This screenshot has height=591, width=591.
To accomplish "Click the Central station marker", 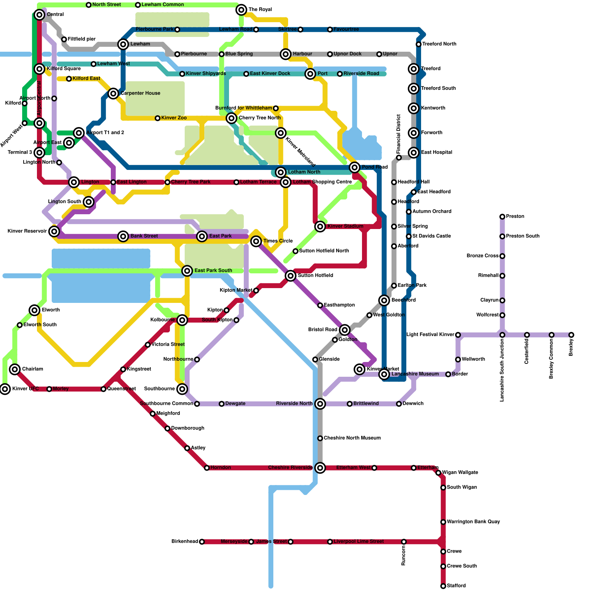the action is click(40, 15).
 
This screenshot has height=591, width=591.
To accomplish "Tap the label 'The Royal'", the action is click(260, 10).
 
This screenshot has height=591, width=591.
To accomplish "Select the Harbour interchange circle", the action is click(286, 54).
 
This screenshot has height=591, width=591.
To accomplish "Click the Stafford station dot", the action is click(443, 586).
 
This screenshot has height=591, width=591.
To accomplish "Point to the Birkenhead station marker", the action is click(202, 542).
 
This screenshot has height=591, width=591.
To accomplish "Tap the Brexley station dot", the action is click(571, 335).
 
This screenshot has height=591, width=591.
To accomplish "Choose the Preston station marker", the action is click(502, 217).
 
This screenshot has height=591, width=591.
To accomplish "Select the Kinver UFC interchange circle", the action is click(5, 389).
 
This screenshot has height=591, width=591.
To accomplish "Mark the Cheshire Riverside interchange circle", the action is click(320, 468).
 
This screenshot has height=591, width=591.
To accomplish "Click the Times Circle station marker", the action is click(256, 242).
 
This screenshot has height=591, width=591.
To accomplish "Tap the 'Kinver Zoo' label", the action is click(174, 118).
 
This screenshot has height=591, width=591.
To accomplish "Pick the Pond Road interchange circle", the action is click(355, 168).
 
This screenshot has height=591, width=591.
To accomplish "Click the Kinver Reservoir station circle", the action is click(54, 232).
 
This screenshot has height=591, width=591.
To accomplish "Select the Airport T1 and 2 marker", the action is click(79, 133).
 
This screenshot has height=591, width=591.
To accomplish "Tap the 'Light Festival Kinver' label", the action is click(430, 335).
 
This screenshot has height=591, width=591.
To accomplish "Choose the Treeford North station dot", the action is click(419, 44).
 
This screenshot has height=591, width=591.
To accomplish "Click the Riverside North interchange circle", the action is click(320, 404).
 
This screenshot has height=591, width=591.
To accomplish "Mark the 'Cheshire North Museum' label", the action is click(352, 438).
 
